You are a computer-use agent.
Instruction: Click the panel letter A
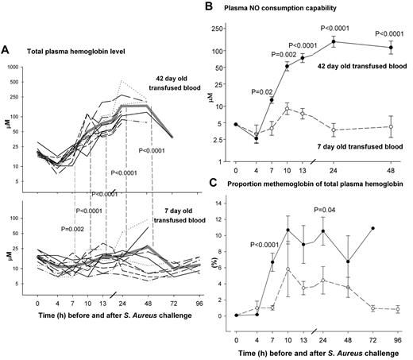[7, 48]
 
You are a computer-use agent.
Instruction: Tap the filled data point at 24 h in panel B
[334, 41]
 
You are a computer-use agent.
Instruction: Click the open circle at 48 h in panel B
[390, 126]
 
